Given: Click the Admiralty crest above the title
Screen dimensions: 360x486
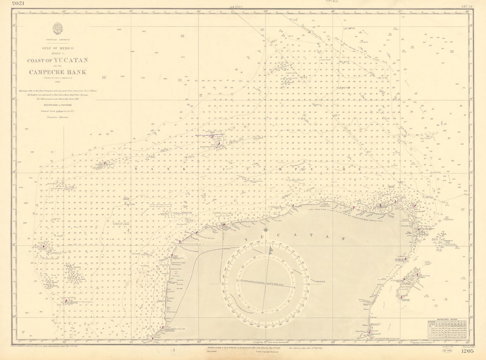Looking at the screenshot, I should (x=58, y=28).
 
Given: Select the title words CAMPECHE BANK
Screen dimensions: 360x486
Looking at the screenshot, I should (x=58, y=72).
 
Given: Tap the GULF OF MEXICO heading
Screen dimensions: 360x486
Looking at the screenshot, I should (x=58, y=48).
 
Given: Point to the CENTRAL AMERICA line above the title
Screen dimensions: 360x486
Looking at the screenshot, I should (x=58, y=40).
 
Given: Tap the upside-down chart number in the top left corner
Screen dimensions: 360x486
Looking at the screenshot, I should (x=20, y=4).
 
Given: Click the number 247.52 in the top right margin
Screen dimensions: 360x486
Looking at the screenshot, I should (x=467, y=6).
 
